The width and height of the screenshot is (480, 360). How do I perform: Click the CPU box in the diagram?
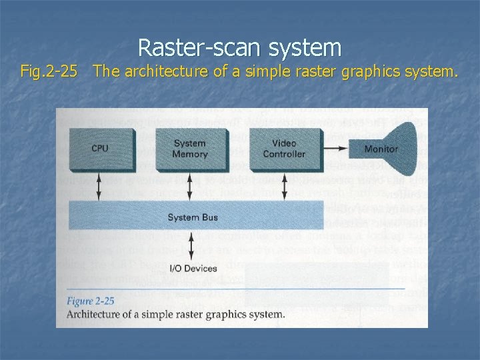click(x=100, y=149)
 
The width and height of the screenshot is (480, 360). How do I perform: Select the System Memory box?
click(x=190, y=149)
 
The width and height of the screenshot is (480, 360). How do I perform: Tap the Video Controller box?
click(x=283, y=149)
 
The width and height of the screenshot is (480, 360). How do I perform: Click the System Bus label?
click(x=193, y=218)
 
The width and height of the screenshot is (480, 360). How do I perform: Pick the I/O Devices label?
click(x=193, y=269)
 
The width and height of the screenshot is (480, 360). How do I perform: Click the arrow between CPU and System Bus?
click(x=100, y=186)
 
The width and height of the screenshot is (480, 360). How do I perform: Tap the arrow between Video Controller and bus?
click(x=284, y=186)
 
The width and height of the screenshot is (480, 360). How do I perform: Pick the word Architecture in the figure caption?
click(x=96, y=314)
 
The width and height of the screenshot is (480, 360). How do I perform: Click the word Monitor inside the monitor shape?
click(x=381, y=149)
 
